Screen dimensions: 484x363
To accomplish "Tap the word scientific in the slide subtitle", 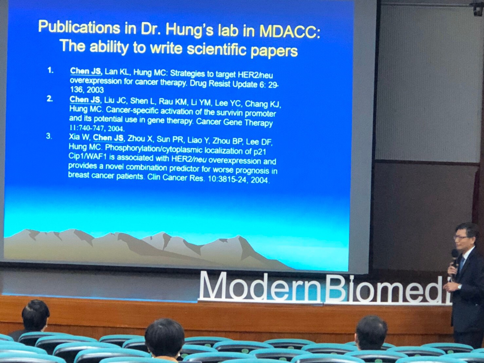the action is pyautogui.click(x=216, y=49).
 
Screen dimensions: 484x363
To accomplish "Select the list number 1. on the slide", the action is pyautogui.click(x=50, y=70).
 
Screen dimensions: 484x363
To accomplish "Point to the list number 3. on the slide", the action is pyautogui.click(x=49, y=136).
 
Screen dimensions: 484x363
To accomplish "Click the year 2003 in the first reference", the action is pyautogui.click(x=95, y=90).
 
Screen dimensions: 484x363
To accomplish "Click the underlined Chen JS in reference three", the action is pyautogui.click(x=108, y=138).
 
